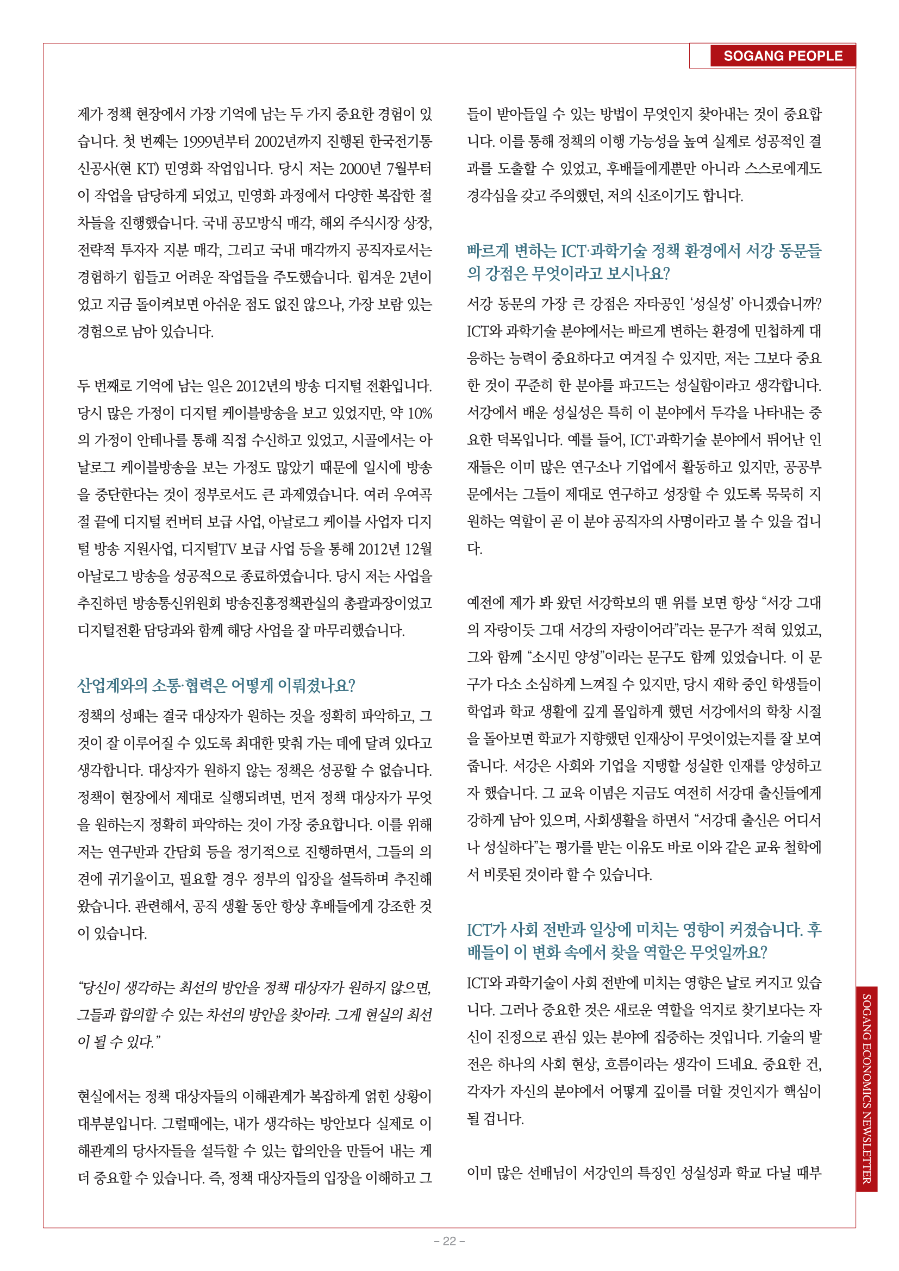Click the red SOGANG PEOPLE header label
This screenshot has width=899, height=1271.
click(x=782, y=56)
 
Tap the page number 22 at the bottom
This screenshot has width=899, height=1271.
click(x=449, y=1241)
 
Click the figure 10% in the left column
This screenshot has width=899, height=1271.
click(x=419, y=414)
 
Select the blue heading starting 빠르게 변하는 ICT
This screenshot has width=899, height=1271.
click(x=644, y=262)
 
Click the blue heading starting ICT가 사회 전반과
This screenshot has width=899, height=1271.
click(x=644, y=940)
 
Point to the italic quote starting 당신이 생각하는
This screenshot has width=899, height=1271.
click(x=254, y=1014)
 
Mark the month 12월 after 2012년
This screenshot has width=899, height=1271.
click(x=419, y=549)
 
